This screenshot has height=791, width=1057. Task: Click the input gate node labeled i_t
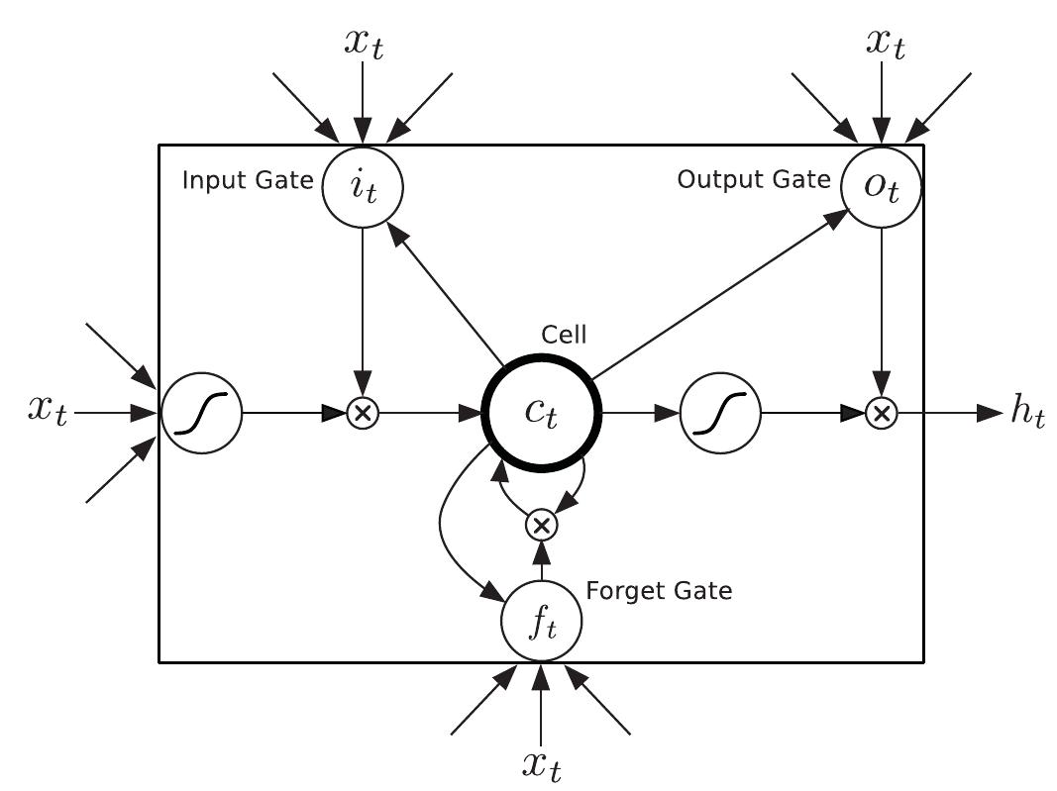point(364,184)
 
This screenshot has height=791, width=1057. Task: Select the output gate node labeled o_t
point(881,184)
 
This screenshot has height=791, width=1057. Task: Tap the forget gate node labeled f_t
point(541,622)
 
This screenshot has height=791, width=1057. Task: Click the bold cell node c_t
point(541,413)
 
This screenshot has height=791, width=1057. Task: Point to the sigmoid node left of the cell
point(201,413)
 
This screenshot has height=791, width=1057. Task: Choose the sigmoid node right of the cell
point(720,413)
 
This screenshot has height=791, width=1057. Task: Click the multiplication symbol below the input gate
point(364,414)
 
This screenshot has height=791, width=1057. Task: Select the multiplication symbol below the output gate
point(881,414)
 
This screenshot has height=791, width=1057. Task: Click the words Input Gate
point(247,182)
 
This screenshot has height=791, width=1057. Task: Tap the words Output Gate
point(754,179)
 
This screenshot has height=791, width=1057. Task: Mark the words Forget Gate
point(659,592)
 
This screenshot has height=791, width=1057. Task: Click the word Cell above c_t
point(563,335)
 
